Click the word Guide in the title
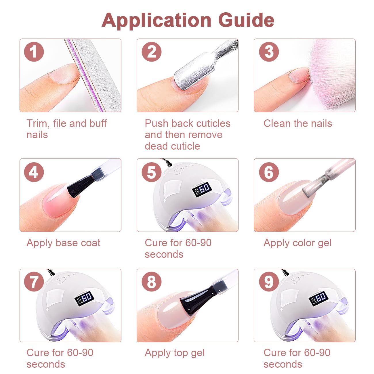coord(246,20)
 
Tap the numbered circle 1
coord(34,52)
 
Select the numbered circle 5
coord(151,172)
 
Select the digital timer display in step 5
coord(202,189)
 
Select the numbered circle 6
coord(269,172)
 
